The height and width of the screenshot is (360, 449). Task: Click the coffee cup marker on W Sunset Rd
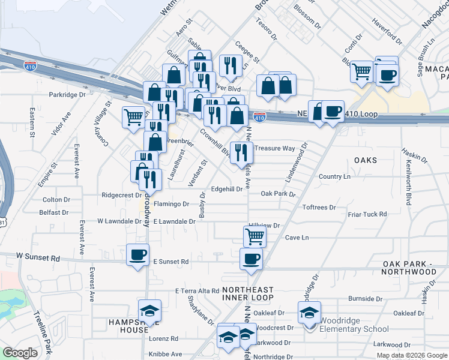(x=137, y=255)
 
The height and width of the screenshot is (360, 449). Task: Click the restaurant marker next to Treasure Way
(x=242, y=152)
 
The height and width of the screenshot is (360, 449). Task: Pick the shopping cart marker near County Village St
(x=133, y=116)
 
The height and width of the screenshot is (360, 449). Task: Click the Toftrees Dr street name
(x=319, y=207)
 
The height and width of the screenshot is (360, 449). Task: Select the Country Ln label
(x=334, y=176)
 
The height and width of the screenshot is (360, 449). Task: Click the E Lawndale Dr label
(x=175, y=221)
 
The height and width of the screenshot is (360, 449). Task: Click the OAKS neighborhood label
(x=365, y=160)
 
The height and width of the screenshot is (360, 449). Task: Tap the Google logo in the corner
(x=20, y=353)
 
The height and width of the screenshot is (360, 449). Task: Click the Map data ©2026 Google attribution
(x=411, y=355)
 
